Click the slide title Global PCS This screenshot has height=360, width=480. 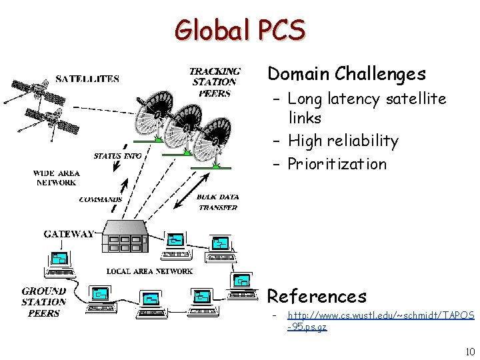(x=240, y=30)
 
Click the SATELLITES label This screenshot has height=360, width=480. (x=87, y=79)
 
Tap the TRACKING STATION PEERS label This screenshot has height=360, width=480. (x=215, y=82)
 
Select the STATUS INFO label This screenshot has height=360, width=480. (x=117, y=156)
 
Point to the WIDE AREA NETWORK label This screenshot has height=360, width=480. (x=57, y=178)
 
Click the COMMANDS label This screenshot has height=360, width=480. (x=101, y=199)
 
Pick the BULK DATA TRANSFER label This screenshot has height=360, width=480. (x=217, y=202)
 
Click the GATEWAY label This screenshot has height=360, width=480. (x=69, y=234)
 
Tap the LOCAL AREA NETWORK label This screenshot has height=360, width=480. (x=149, y=271)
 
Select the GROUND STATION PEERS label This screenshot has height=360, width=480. (x=44, y=302)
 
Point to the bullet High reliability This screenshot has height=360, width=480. (x=343, y=141)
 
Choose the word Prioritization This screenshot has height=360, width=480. (x=337, y=164)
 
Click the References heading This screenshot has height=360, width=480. (x=317, y=296)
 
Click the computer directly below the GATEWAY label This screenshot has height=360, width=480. (x=59, y=263)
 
